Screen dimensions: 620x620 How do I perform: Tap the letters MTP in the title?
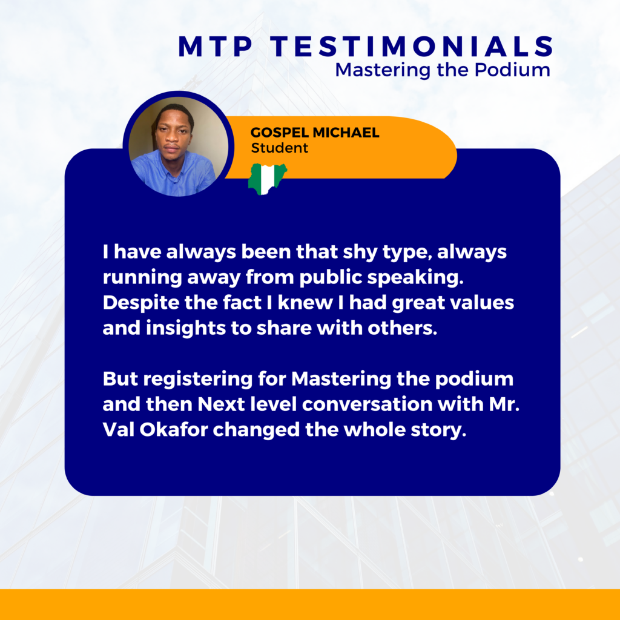216,47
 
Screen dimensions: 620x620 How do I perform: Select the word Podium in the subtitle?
512,70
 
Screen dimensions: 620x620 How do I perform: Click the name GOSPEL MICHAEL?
315,133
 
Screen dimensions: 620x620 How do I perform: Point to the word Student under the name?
279,148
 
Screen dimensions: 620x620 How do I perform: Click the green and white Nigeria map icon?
267,179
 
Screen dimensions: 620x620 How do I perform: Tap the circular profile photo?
179,147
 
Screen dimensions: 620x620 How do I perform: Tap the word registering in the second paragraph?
198,380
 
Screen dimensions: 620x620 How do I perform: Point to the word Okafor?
173,430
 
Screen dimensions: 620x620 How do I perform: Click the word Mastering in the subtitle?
383,70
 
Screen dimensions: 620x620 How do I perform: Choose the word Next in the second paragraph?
220,404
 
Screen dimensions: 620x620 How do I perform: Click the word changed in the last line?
256,430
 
